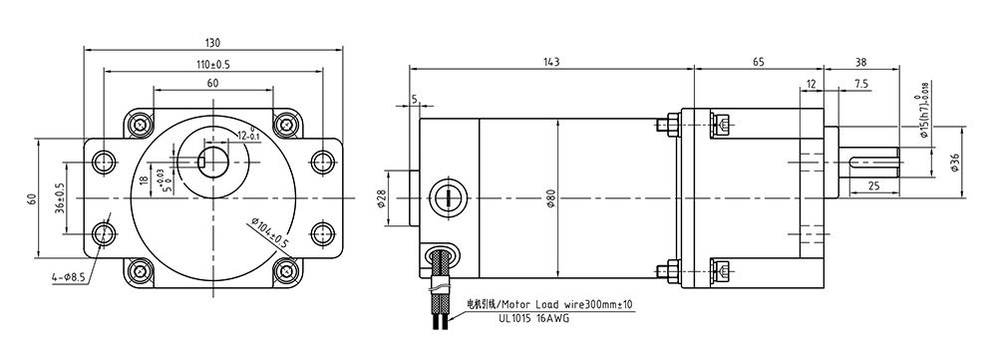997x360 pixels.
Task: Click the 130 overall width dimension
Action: click(x=212, y=43)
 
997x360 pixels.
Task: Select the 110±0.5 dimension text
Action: click(x=212, y=64)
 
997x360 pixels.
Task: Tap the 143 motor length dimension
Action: click(x=551, y=62)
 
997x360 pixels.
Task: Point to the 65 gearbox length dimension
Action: click(x=759, y=62)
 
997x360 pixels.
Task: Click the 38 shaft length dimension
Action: click(x=861, y=63)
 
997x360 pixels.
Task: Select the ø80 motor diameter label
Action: click(x=552, y=198)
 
